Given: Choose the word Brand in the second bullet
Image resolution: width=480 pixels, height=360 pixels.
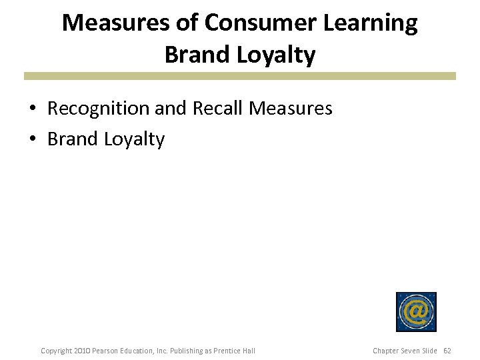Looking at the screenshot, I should [x=73, y=139].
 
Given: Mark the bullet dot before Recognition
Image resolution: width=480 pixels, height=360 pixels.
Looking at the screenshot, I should [x=32, y=109].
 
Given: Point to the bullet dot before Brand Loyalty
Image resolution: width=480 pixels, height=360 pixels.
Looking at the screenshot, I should [x=32, y=139].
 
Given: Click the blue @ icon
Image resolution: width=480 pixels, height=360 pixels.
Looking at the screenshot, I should [x=416, y=311].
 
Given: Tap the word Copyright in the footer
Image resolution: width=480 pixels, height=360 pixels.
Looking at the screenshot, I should [x=57, y=351].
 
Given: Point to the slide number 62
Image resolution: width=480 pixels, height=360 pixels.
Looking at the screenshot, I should [x=447, y=351].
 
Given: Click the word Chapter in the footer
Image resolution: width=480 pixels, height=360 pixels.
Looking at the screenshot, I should [x=386, y=351].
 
